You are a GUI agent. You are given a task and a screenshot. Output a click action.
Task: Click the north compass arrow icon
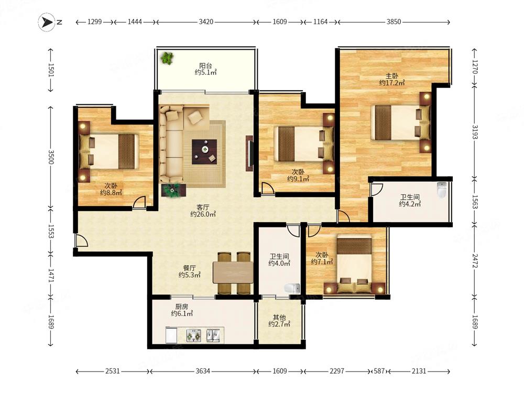tap(47, 22)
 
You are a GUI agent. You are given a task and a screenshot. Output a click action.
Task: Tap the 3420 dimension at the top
tap(206, 22)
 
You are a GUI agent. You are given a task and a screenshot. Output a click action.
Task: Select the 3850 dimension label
tap(394, 22)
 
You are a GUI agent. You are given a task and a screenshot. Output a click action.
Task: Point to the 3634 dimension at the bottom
tap(203, 371)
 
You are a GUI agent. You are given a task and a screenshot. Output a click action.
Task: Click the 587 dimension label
tap(379, 371)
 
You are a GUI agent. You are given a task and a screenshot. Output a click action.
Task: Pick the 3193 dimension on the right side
tap(475, 132)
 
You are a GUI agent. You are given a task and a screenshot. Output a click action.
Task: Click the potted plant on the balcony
tap(167, 58)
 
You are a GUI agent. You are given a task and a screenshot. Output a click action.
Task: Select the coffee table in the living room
tap(204, 152)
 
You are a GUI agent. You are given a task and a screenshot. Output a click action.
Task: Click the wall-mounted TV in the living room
tap(249, 154)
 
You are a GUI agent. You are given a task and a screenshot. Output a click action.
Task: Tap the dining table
tap(233, 272)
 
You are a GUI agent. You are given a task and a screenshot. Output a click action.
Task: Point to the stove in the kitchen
tap(194, 335)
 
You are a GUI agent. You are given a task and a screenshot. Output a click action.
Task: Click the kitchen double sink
tap(213, 335)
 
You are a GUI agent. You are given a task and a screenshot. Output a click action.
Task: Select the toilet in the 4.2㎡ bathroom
tap(441, 190)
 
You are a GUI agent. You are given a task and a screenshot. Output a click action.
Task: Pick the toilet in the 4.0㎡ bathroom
tap(292, 288)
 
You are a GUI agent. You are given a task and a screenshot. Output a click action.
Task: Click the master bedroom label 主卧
tap(391, 76)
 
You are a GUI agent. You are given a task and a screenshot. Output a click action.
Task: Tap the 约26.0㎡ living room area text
tap(203, 214)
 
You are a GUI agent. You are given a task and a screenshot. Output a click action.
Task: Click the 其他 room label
tap(279, 317)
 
